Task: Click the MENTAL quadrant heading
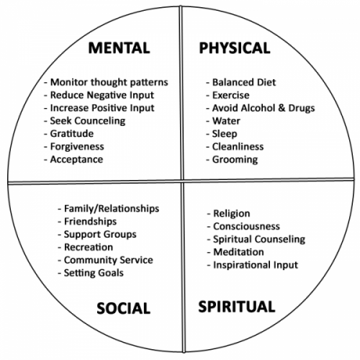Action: (x=119, y=48)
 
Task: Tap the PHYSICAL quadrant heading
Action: (x=235, y=48)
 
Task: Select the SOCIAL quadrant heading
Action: (x=123, y=308)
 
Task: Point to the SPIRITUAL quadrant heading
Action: (x=237, y=307)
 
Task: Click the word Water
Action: (x=226, y=121)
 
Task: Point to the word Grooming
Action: (x=235, y=160)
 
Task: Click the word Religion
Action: (x=232, y=214)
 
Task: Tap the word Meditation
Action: (x=238, y=252)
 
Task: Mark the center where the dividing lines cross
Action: (x=182, y=181)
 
